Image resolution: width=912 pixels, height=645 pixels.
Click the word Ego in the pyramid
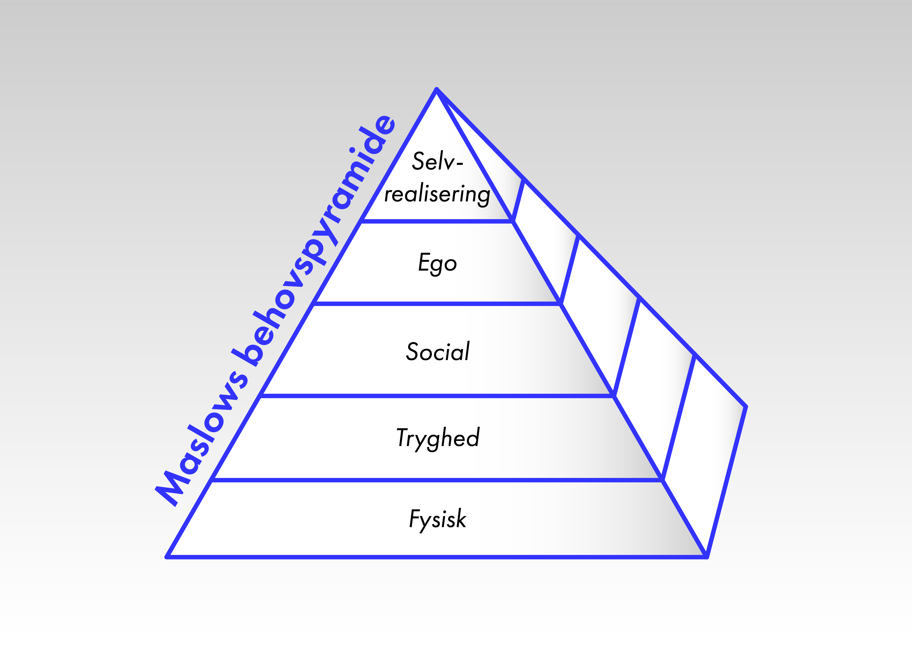pyautogui.click(x=437, y=263)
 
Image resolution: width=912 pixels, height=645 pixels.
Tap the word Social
pyautogui.click(x=437, y=351)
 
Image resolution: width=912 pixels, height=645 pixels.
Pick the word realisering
pyautogui.click(x=437, y=195)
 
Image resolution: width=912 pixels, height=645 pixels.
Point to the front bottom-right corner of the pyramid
pyautogui.click(x=707, y=557)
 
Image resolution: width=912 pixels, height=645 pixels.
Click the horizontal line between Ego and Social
pyautogui.click(x=437, y=304)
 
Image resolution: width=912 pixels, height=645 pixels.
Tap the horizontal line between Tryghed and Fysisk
pyautogui.click(x=437, y=480)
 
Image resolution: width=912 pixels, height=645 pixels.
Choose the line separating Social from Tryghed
pyautogui.click(x=437, y=396)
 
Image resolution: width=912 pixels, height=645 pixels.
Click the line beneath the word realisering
pyautogui.click(x=437, y=221)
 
